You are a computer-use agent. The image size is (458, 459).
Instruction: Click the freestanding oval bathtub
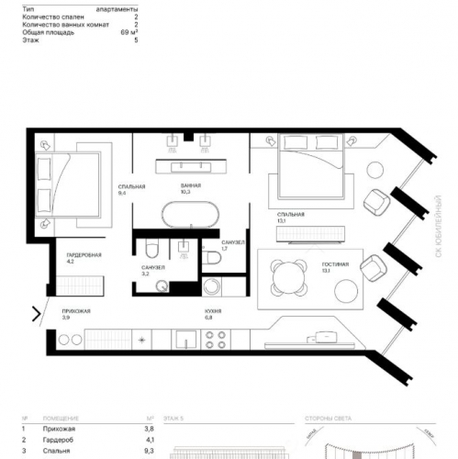191,217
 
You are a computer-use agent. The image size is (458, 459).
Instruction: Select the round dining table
290,273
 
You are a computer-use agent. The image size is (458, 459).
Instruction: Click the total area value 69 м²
128,32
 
